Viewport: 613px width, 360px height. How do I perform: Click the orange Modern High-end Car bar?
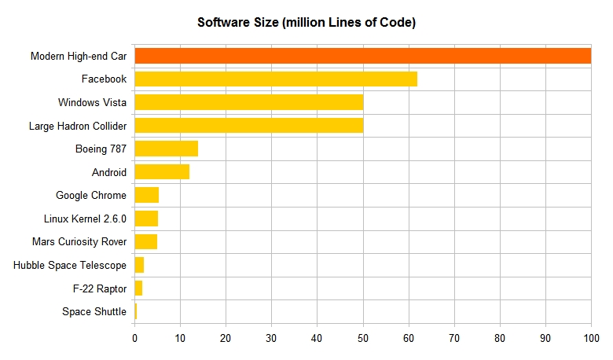[x=362, y=56]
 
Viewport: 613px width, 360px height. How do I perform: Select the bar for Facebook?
[x=276, y=79]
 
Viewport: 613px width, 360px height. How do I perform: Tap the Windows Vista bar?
[x=248, y=102]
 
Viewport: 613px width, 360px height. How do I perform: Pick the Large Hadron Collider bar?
[x=248, y=126]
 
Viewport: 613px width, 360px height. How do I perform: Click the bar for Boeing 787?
[x=167, y=149]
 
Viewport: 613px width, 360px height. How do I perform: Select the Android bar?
[x=162, y=172]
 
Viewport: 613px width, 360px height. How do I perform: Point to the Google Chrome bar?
[x=147, y=195]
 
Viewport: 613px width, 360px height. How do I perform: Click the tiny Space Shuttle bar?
[x=136, y=311]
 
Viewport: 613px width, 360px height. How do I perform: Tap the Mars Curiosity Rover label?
[x=79, y=241]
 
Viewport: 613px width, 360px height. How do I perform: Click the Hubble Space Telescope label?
[x=70, y=265]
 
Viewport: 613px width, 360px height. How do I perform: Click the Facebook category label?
[x=104, y=79]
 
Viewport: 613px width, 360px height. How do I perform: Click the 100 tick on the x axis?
[x=591, y=339]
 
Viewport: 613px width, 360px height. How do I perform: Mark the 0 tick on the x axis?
[x=135, y=339]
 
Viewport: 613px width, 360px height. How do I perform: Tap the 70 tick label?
[x=454, y=339]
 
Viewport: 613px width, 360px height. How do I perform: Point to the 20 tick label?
[x=226, y=339]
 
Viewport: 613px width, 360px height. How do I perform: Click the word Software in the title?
[x=222, y=23]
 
